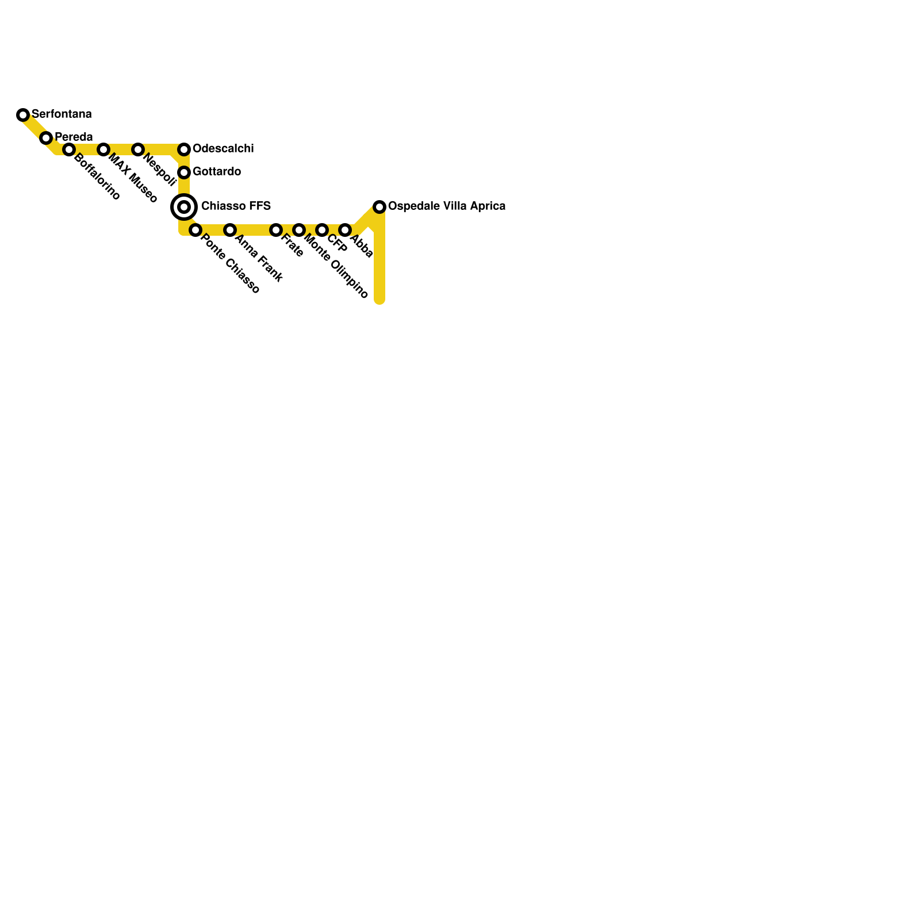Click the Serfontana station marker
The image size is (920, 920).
(23, 115)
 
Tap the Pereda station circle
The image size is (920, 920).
(46, 138)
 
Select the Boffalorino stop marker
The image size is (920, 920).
(69, 149)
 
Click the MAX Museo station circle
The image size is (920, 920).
(103, 149)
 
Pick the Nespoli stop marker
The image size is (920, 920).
(138, 149)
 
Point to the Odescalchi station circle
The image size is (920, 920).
(184, 149)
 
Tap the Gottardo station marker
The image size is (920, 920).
(184, 172)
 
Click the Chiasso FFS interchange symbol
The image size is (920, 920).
(184, 207)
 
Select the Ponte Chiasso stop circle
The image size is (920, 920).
(195, 230)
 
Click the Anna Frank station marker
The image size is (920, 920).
(230, 230)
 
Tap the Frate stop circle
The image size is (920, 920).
(276, 230)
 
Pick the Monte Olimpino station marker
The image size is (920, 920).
(299, 230)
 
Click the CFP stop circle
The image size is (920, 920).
(322, 230)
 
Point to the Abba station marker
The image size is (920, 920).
(345, 230)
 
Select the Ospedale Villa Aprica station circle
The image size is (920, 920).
(379, 207)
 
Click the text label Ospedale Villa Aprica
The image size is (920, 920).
(447, 206)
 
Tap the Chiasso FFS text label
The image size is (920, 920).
(236, 206)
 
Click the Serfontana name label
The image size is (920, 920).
(62, 114)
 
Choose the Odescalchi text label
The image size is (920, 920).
(223, 148)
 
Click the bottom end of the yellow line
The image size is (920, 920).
(379, 300)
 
